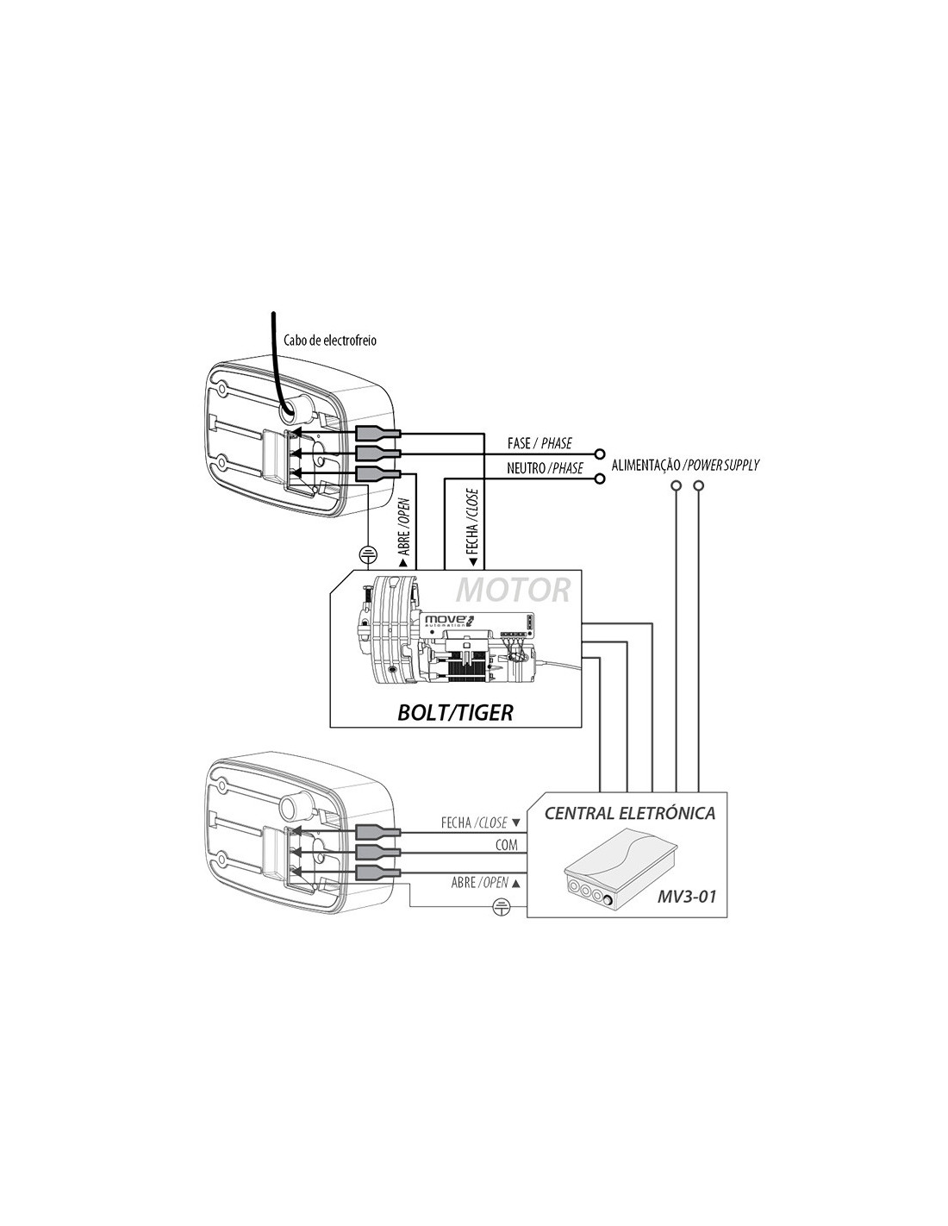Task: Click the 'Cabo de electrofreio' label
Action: pyautogui.click(x=329, y=341)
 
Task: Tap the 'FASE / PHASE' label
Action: pyautogui.click(x=539, y=443)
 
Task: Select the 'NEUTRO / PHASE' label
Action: pyautogui.click(x=544, y=468)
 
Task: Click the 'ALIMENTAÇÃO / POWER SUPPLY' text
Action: pyautogui.click(x=685, y=466)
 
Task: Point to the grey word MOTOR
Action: pyautogui.click(x=513, y=590)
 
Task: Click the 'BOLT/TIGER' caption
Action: pyautogui.click(x=455, y=713)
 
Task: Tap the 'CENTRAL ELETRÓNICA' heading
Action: pyautogui.click(x=629, y=813)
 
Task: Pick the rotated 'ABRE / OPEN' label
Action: pyautogui.click(x=404, y=533)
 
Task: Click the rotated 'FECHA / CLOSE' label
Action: pyautogui.click(x=472, y=529)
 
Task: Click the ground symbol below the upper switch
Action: pyautogui.click(x=368, y=555)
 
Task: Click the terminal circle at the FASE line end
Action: pyautogui.click(x=600, y=453)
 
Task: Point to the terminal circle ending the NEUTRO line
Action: pyautogui.click(x=600, y=479)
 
